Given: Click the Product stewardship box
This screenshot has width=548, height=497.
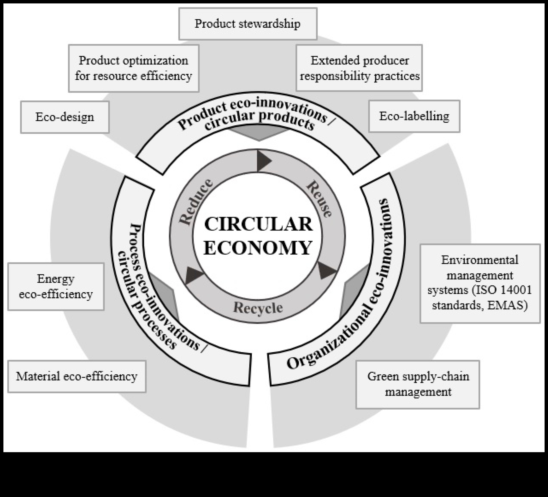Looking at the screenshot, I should coord(248,24).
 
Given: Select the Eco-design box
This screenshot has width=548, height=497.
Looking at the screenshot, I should coord(65,117).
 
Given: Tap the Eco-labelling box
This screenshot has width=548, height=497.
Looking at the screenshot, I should coord(414,116).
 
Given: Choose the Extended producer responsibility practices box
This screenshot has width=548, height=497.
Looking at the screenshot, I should coord(359,68).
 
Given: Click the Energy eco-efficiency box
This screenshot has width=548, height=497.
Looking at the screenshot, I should coord(56,286).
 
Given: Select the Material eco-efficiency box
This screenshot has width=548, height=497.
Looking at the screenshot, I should coord(77,377).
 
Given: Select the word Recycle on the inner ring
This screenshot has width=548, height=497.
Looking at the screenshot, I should coord(258,308).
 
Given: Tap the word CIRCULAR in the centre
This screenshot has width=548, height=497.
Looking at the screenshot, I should coord(258,224).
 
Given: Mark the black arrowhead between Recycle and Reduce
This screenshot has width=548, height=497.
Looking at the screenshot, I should coord(193,275).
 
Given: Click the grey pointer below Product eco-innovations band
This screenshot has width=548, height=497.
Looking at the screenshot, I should coord(259,134).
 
